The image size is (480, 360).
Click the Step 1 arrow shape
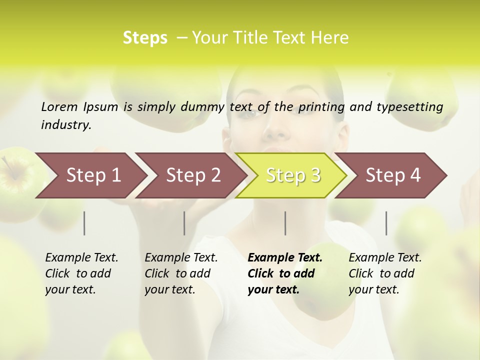tap(90, 175)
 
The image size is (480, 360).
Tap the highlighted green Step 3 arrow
tap(292, 175)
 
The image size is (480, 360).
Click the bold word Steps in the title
tap(145, 38)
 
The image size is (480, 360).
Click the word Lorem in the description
tap(59, 106)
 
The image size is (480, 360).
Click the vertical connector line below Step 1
tap(84, 223)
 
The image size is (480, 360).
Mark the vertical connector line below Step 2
tap(184, 223)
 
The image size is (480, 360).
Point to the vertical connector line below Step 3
tap(285, 223)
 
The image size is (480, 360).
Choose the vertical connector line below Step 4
tap(386, 223)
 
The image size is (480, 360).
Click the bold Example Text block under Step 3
tap(285, 273)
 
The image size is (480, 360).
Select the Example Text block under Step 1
tap(81, 273)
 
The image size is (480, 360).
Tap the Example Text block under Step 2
tap(181, 273)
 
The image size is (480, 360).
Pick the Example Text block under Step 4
tap(385, 273)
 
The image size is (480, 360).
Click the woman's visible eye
tap(248, 113)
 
